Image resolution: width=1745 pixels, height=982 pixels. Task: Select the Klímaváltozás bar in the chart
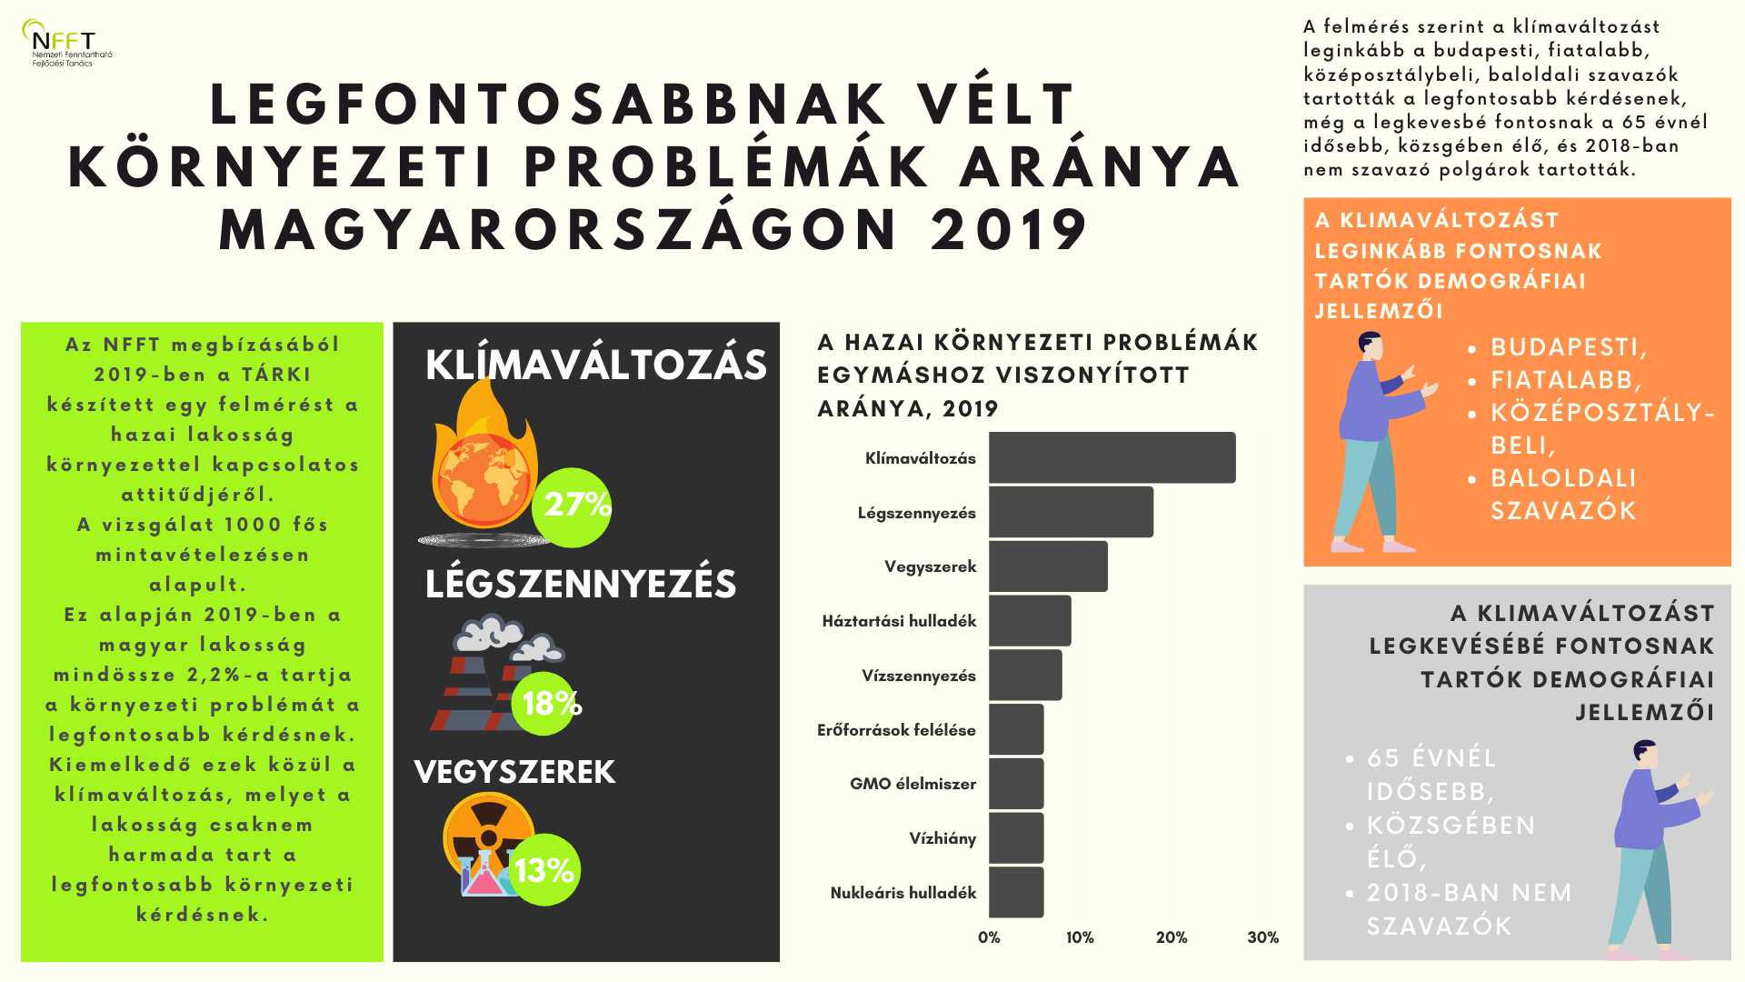pyautogui.click(x=1112, y=457)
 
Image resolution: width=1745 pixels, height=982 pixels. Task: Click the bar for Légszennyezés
pyautogui.click(x=1071, y=512)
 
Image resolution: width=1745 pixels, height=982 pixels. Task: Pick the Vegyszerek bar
pyautogui.click(x=1048, y=566)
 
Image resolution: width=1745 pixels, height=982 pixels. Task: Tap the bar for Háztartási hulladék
pyautogui.click(x=1030, y=621)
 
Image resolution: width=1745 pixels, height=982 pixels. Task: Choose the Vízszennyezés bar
pyautogui.click(x=1025, y=675)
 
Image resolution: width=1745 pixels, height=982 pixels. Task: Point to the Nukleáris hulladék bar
pyautogui.click(x=1016, y=892)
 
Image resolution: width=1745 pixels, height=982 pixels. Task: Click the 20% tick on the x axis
pyautogui.click(x=1171, y=937)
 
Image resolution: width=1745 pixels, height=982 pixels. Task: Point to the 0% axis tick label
pyautogui.click(x=989, y=937)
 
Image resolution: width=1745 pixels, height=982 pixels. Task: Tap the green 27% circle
pyautogui.click(x=574, y=506)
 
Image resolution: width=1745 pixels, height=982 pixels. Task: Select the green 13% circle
pyautogui.click(x=544, y=870)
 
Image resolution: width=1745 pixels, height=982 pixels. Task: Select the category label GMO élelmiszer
pyautogui.click(x=912, y=784)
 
